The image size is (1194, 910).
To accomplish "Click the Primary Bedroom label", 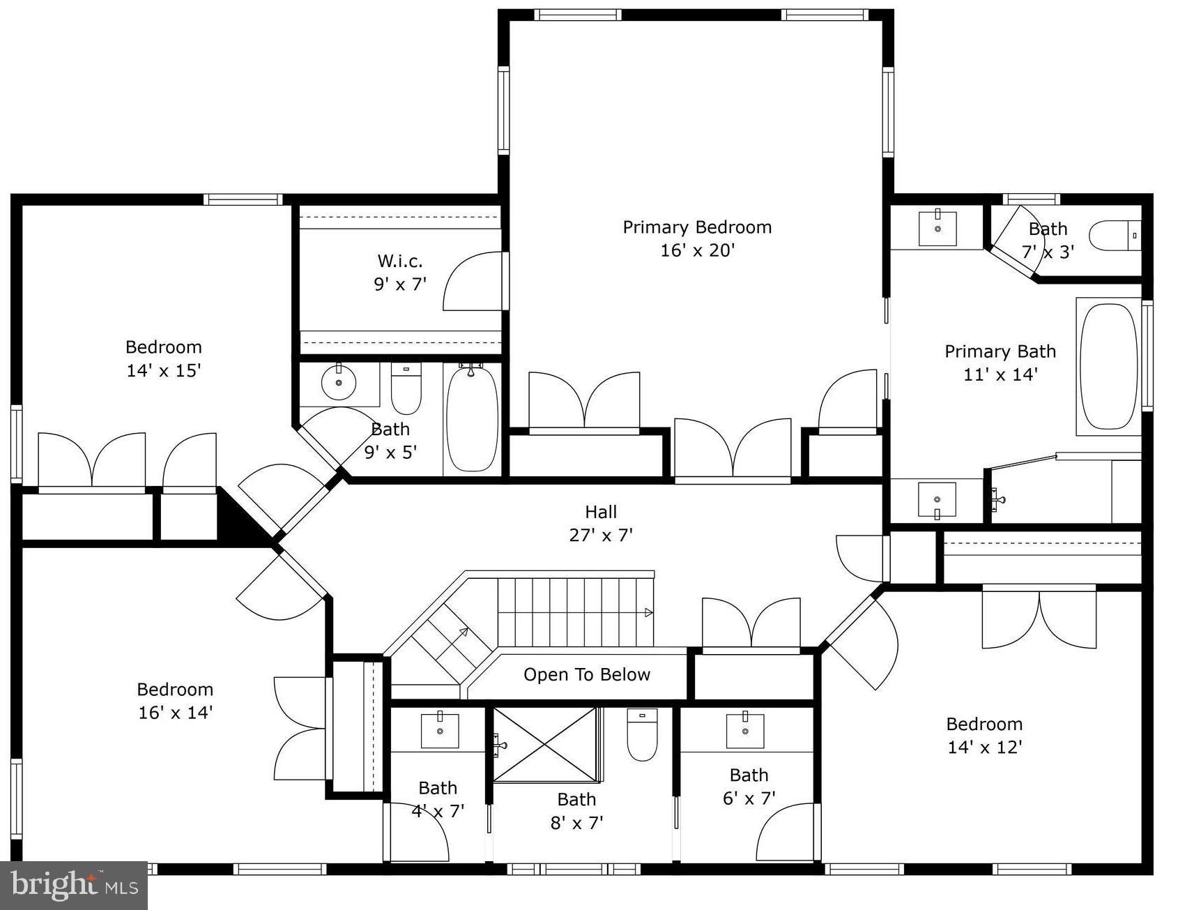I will pos(696,227).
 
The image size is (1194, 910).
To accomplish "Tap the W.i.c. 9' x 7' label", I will pos(399,272).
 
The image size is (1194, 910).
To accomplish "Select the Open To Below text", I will pos(586,674).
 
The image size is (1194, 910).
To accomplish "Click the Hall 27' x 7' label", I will pos(600,523).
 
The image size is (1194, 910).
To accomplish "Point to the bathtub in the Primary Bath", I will pos(1108,366).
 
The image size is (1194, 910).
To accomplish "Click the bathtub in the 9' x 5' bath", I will pos(472,418).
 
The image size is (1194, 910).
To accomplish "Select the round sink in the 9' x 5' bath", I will pos(339,382).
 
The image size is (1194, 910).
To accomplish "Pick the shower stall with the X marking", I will pos(546,744).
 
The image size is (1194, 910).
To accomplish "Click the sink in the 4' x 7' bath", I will pos(440,730).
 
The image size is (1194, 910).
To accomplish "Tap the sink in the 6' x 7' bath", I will pos(745,730).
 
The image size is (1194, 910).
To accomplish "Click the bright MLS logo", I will pos(74,886).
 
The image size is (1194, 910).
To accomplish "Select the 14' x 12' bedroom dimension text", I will pos(984,748).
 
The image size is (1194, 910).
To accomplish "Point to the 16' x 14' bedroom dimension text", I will pos(175,713).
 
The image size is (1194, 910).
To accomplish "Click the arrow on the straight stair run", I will pos(648,612).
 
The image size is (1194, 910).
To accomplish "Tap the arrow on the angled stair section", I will pos(462,632).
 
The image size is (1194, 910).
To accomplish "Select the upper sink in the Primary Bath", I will pos(937,228).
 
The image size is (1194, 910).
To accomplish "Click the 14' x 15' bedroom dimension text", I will pos(163,370).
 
